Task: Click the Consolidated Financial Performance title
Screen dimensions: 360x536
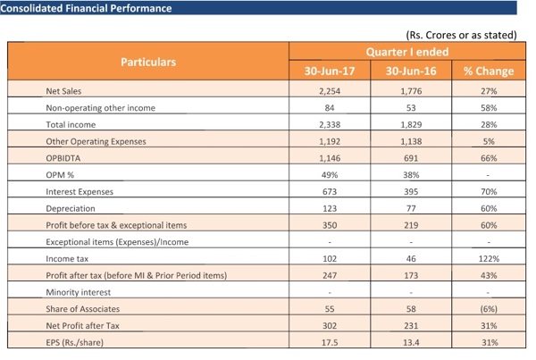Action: (x=87, y=9)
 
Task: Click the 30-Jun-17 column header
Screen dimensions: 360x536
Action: (x=331, y=71)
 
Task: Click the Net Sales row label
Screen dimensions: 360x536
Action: (x=67, y=91)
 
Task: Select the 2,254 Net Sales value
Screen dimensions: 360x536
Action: (x=331, y=91)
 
